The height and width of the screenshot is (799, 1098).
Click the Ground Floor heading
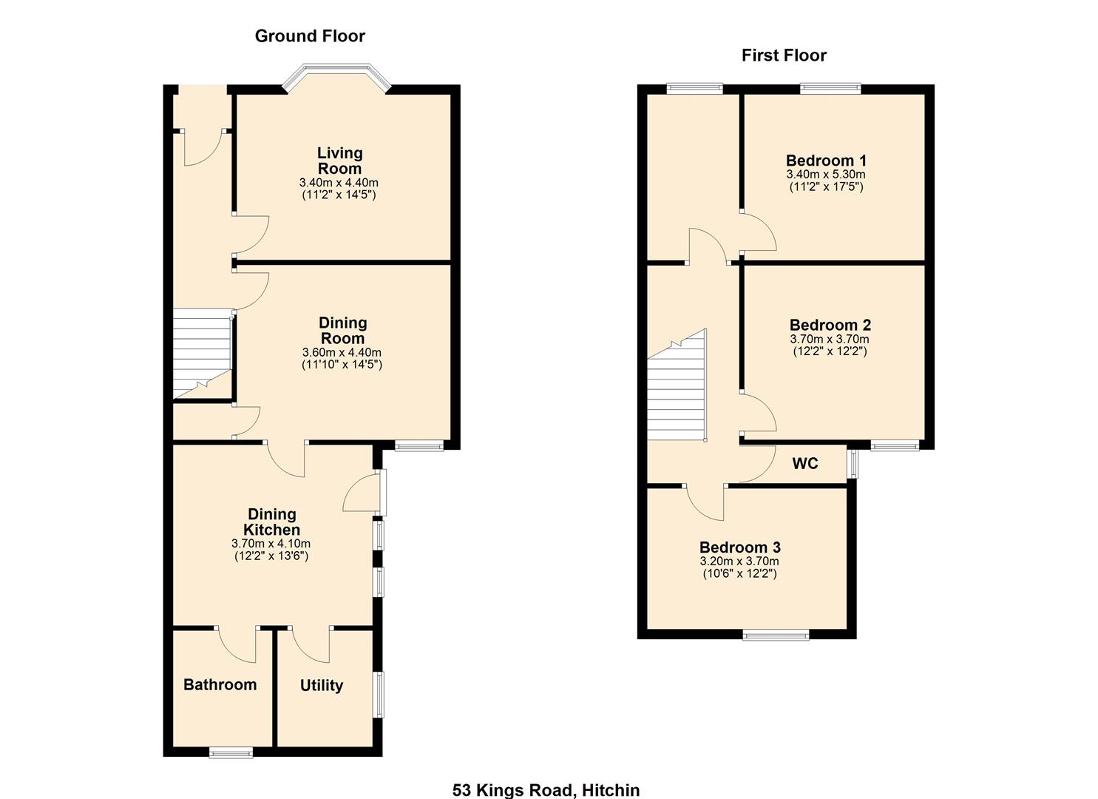click(310, 36)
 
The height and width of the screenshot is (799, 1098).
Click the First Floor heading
click(784, 55)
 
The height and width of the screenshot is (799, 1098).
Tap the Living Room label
click(339, 161)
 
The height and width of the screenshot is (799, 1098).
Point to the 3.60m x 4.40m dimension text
click(342, 353)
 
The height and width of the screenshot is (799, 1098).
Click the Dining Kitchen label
click(271, 522)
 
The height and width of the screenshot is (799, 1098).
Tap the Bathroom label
click(220, 685)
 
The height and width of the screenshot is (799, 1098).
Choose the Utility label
click(321, 686)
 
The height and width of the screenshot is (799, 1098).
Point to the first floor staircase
click(677, 392)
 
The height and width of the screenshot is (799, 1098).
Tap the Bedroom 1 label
click(826, 161)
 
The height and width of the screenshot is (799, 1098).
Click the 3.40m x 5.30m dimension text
click(826, 175)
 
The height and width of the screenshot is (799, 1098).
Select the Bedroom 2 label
click(830, 325)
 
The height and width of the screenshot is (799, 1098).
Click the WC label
click(804, 464)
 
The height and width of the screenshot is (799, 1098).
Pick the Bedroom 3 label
click(739, 547)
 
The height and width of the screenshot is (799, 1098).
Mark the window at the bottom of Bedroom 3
click(776, 635)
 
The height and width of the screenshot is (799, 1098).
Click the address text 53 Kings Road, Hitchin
click(546, 790)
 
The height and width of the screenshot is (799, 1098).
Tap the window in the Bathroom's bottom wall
click(231, 752)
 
